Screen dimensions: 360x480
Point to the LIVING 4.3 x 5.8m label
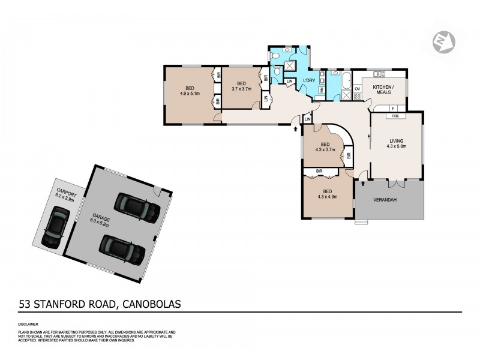[397, 143]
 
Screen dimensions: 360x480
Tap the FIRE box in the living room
[395, 115]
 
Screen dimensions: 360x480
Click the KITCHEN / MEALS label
[382, 89]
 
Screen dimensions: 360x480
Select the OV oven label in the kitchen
[357, 89]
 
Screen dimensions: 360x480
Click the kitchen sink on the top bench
[379, 74]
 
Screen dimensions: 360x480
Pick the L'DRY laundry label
[310, 81]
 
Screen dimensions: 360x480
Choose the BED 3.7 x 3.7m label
[241, 86]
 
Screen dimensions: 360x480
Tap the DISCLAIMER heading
[30, 325]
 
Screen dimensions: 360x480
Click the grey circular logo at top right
[443, 41]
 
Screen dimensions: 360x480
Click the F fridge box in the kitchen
[394, 108]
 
